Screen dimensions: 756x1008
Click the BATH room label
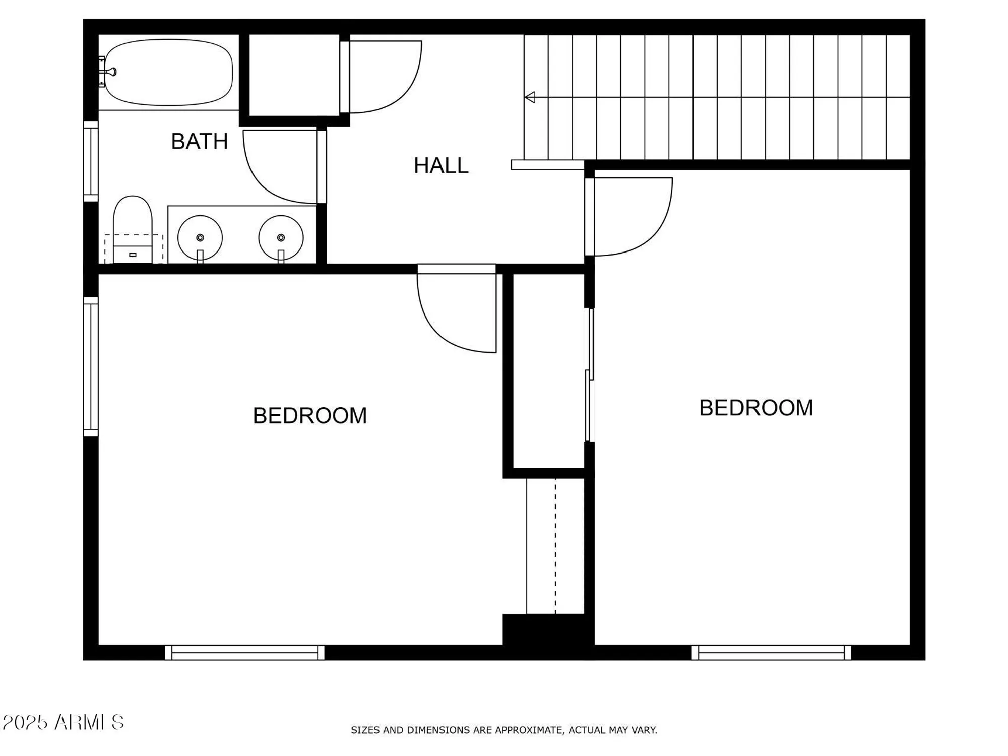point(200,142)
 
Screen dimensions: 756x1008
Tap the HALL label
point(441,166)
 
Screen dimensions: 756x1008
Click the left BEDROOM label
point(309,416)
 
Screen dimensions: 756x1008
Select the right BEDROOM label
point(756,408)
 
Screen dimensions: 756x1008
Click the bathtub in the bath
point(169,73)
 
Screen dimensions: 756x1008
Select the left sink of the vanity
point(200,237)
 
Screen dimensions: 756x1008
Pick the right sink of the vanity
point(281,237)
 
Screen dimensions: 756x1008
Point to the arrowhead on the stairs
point(530,97)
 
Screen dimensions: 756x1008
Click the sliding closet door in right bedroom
point(589,375)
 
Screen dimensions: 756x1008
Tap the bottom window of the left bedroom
point(244,652)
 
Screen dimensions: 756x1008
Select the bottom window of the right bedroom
point(771,652)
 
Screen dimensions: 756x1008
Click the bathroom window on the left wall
point(91,161)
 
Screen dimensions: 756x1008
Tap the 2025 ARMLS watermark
point(63,722)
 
